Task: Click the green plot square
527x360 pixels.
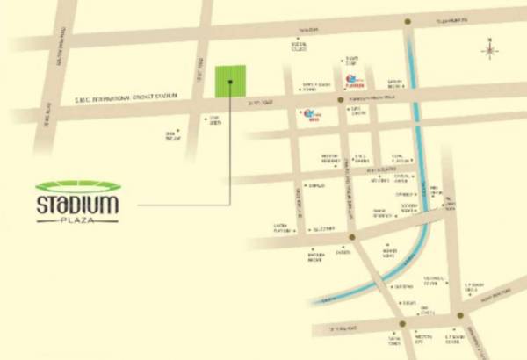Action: point(230,81)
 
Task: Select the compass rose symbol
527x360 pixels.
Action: point(490,49)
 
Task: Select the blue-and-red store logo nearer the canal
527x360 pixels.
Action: point(353,82)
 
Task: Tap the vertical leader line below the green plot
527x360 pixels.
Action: point(230,149)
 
